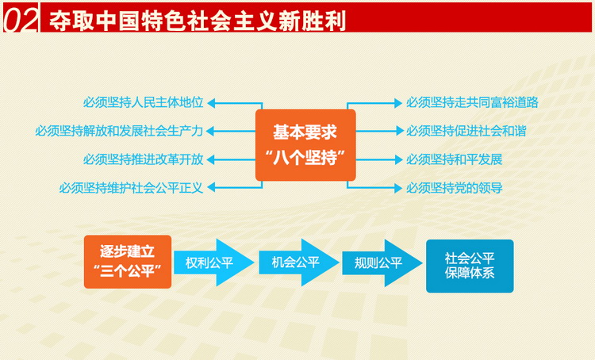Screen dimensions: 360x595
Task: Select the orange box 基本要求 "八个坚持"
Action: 305,144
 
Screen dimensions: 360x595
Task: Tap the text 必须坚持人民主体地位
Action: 144,102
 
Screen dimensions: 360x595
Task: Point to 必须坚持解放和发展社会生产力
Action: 119,131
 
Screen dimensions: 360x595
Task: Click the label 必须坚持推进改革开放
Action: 144,159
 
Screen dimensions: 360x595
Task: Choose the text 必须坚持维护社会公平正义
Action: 132,188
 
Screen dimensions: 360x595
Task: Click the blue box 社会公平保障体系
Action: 469,266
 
